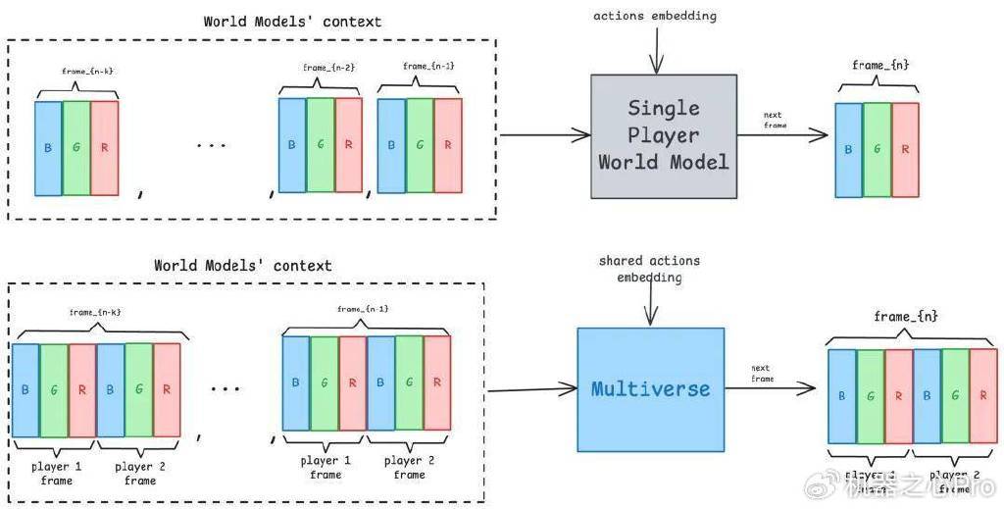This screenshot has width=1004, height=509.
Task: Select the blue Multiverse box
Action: pos(650,388)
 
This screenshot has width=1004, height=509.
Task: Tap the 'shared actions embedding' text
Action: pos(648,268)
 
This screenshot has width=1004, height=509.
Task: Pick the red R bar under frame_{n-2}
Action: pos(348,145)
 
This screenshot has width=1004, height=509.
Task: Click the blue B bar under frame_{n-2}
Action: pos(291,145)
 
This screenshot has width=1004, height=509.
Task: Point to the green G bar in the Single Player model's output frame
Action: pos(878,149)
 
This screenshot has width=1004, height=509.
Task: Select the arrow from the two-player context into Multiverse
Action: pos(529,390)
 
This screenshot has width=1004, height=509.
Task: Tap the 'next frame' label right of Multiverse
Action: pos(763,374)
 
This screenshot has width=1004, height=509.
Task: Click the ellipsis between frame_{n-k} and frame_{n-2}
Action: pos(210,146)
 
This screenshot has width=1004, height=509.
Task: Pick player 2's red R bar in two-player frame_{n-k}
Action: pos(168,390)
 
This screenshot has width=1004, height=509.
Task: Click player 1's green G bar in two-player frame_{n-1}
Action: pos(325,383)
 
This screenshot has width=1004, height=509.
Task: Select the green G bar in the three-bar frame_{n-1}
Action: pos(420,145)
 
